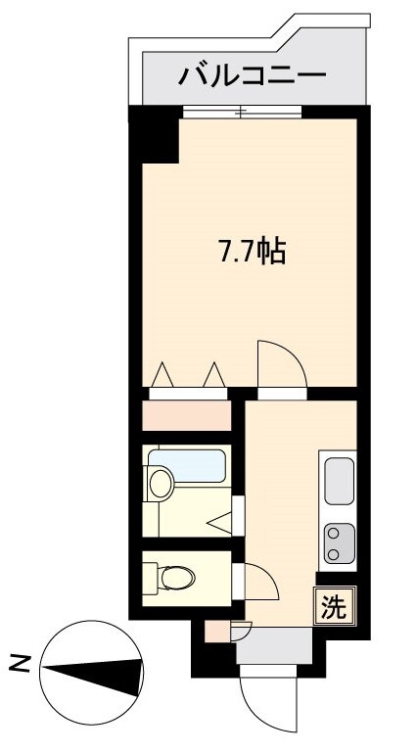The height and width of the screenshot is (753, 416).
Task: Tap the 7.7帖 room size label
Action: [251, 252]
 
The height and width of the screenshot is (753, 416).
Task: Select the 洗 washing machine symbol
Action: [334, 607]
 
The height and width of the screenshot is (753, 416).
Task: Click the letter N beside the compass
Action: [19, 664]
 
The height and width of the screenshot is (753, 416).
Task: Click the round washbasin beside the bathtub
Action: [159, 482]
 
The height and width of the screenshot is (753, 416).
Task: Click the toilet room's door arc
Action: [259, 586]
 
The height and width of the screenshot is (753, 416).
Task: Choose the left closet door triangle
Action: [162, 375]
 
